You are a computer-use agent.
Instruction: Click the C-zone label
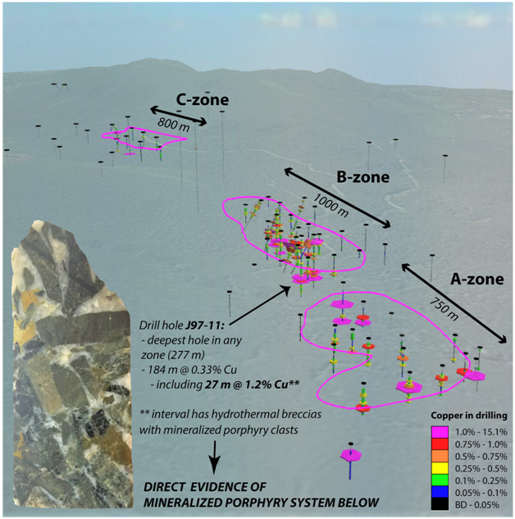(x=203, y=100)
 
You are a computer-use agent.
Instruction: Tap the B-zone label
(x=363, y=177)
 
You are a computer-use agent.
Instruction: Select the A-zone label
(x=477, y=280)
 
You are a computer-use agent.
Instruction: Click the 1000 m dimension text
(x=330, y=206)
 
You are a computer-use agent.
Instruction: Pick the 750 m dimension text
(x=444, y=309)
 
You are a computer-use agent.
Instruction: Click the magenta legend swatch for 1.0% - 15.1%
(x=440, y=432)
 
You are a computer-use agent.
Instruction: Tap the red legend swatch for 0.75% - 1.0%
(x=440, y=444)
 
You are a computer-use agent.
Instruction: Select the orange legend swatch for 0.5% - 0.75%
(x=440, y=457)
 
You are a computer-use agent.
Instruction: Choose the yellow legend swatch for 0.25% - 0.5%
(x=440, y=468)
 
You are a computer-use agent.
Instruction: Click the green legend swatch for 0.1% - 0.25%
(x=440, y=480)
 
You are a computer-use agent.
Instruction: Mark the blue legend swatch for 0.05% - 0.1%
(x=440, y=493)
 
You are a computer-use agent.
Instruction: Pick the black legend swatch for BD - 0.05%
(x=440, y=504)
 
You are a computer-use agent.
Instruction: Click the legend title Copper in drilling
(x=469, y=416)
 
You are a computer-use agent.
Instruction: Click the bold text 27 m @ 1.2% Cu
(x=252, y=385)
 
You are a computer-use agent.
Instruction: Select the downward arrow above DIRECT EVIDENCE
(x=215, y=458)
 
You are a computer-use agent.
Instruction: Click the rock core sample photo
(x=71, y=364)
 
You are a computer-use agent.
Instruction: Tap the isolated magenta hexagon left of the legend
(x=351, y=455)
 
